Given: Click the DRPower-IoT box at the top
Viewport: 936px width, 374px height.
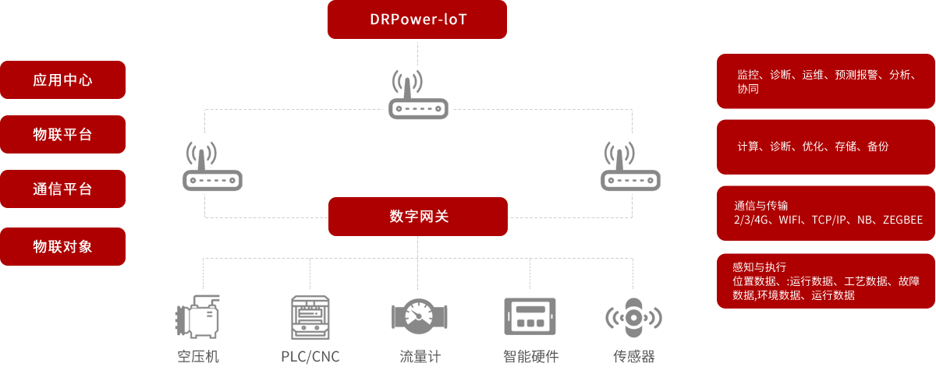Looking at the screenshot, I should coord(417,19).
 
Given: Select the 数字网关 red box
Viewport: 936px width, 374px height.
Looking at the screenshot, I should coord(418,217).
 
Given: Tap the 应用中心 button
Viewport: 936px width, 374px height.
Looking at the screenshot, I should coord(62,79).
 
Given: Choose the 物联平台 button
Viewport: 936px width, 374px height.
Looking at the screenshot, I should coord(62,134).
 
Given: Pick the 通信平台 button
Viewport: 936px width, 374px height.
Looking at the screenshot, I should coord(62,189).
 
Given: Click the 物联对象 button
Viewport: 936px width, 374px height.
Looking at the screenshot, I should coord(62,246).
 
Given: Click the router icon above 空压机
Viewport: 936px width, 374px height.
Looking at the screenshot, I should coord(212,167).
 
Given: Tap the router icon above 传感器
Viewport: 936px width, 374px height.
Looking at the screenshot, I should coord(630,167).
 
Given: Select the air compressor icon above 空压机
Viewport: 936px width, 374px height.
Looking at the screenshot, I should coord(197,317).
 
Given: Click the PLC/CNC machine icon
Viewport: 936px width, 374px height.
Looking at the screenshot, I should coord(310,317).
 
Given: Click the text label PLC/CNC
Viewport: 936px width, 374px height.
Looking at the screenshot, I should coord(310,357).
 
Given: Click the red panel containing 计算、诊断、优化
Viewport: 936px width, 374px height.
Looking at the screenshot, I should coord(825,146).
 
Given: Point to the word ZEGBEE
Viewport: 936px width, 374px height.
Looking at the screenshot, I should coord(902,221).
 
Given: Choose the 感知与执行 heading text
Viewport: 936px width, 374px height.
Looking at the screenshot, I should coord(759,266).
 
